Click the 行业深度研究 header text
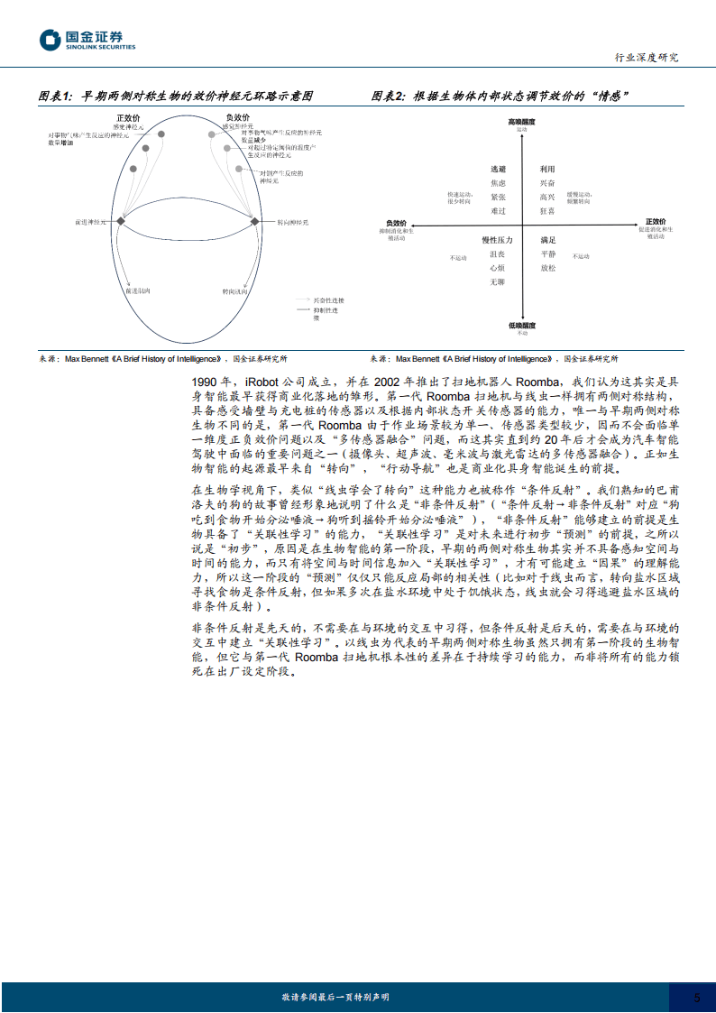pos(646,57)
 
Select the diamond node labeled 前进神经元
pos(120,220)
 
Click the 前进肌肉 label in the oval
pos(137,291)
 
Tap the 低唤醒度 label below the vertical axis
pos(521,325)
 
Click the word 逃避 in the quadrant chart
pos(498,169)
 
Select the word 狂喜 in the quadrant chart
pos(547,210)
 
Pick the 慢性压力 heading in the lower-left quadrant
pos(497,240)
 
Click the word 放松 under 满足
pos(547,268)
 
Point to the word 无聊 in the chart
pos(498,281)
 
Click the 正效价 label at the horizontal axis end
pos(655,222)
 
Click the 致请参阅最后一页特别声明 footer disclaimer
pos(335,997)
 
